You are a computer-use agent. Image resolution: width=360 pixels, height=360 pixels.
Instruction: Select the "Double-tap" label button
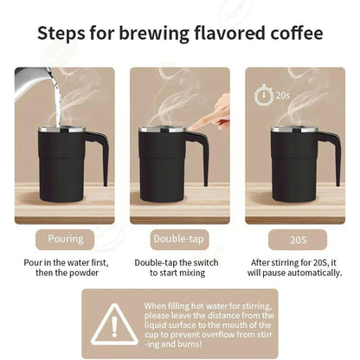(x=180, y=239)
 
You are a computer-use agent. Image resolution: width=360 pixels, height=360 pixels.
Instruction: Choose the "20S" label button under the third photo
(x=295, y=239)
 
